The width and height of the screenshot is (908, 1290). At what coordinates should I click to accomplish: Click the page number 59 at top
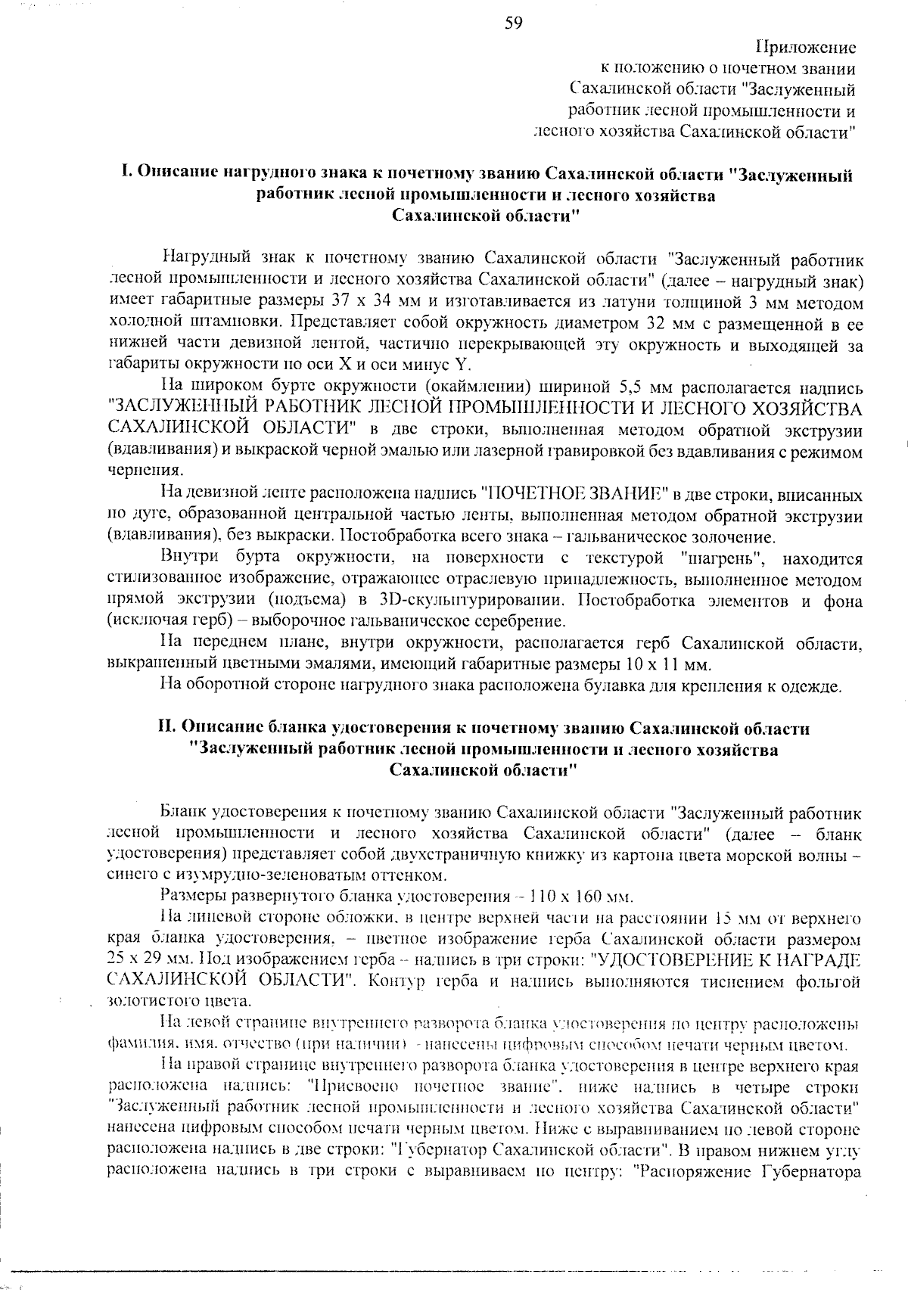click(513, 23)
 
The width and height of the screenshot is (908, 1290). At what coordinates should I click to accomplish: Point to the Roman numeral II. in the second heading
click(169, 729)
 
